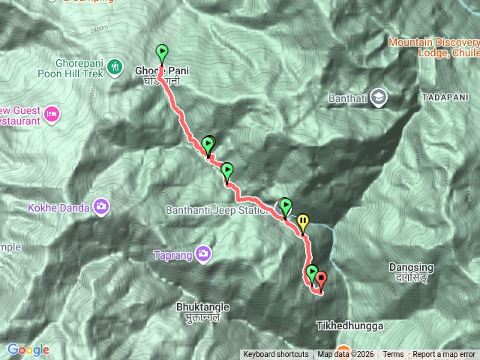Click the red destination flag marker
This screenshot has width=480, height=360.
click(x=322, y=280)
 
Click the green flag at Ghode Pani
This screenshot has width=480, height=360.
click(x=162, y=53)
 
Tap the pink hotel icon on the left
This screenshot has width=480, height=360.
click(x=52, y=114)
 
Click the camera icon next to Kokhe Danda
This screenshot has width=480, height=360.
click(x=101, y=206)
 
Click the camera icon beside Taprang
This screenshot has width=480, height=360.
click(x=202, y=254)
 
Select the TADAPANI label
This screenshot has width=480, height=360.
click(x=445, y=98)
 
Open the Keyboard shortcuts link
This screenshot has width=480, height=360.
click(x=275, y=355)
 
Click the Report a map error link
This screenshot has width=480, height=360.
click(x=444, y=355)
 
